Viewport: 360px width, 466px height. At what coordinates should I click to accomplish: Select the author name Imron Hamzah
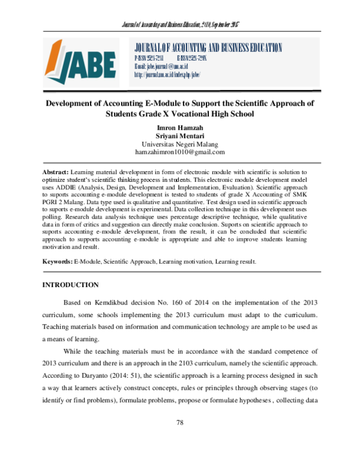pos(180,128)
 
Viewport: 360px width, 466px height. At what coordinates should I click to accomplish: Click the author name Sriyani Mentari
pos(180,136)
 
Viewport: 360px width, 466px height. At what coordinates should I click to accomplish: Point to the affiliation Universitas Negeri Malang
pos(180,145)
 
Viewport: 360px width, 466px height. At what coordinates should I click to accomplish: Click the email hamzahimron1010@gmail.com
pos(180,154)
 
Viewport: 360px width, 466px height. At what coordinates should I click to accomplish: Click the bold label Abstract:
pos(56,172)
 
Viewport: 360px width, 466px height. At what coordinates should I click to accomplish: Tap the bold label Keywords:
pos(58,262)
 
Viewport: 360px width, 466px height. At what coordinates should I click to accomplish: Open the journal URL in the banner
pos(166,74)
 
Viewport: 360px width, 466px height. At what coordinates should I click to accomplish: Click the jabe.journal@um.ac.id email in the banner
pos(162,66)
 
